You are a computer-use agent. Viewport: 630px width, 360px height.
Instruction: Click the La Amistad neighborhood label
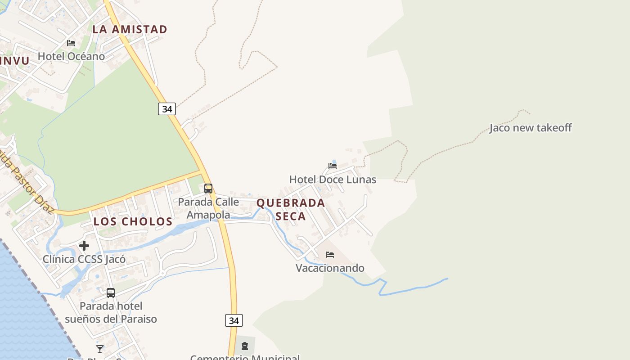[x=130, y=30]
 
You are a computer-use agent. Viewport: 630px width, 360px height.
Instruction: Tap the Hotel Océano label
[x=71, y=56]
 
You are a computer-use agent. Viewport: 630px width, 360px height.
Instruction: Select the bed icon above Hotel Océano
[x=71, y=43]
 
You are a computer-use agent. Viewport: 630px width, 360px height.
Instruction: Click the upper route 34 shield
[x=167, y=109]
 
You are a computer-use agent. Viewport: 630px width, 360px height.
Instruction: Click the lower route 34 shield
[x=234, y=320]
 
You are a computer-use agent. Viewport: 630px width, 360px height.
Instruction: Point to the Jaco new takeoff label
[x=531, y=128]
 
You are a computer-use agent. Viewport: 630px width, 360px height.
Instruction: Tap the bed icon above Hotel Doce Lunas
[x=333, y=166]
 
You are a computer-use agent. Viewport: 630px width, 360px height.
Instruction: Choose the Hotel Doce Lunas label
[x=333, y=180]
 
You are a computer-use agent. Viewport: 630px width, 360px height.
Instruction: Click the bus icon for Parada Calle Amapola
[x=208, y=188]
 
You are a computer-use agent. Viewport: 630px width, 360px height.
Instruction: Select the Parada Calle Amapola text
[x=208, y=208]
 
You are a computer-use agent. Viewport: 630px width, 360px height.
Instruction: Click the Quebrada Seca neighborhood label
[x=291, y=209]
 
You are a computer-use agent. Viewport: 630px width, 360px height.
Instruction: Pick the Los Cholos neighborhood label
[x=133, y=221]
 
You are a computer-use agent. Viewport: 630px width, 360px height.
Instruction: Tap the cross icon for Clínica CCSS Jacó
[x=84, y=246]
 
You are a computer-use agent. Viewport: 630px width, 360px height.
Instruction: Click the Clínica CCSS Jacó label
[x=84, y=259]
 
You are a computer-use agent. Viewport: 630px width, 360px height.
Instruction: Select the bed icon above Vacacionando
[x=330, y=255]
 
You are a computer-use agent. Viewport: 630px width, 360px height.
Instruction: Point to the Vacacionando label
[x=330, y=268]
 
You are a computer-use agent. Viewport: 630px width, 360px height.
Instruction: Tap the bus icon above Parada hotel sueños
[x=111, y=293]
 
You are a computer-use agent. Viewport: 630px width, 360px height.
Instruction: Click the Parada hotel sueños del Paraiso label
[x=111, y=312]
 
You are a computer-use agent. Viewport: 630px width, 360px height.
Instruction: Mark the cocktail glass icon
[x=100, y=349]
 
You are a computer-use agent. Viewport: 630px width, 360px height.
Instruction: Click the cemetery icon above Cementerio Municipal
[x=244, y=346]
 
